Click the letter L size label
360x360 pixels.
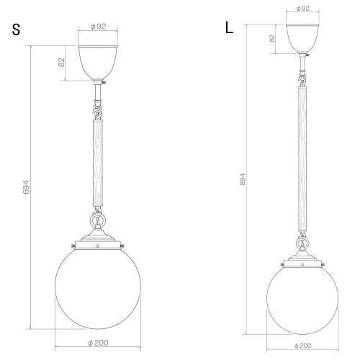pos(229,28)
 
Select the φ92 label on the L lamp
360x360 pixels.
pos(302,9)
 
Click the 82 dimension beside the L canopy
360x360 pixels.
pos(272,40)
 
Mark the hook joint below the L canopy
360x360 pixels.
pos(301,74)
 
